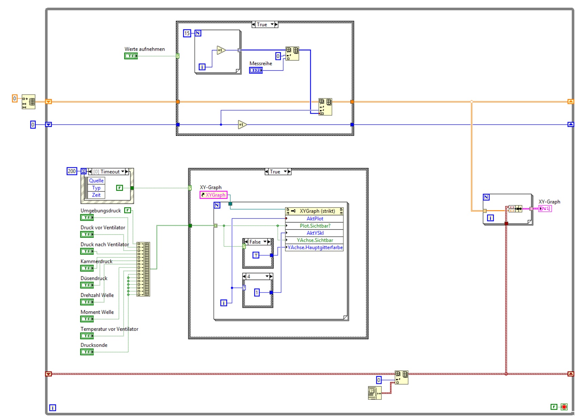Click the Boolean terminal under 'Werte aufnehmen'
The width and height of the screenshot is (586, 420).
click(x=131, y=56)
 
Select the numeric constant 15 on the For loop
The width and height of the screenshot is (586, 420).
click(x=187, y=33)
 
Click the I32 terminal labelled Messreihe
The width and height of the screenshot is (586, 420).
click(x=256, y=70)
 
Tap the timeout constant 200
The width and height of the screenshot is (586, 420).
click(x=72, y=171)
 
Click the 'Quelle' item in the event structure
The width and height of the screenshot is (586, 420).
click(x=96, y=181)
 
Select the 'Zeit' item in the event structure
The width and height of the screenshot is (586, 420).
click(x=96, y=195)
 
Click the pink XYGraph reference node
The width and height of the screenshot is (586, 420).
click(x=213, y=195)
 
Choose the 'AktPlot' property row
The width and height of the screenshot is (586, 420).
click(x=315, y=219)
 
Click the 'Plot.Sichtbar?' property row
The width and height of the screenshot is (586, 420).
click(x=315, y=226)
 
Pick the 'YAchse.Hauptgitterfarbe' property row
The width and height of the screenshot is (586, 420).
click(x=315, y=248)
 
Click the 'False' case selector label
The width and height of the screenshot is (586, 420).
click(x=255, y=242)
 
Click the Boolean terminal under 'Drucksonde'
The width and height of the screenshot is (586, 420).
click(x=87, y=352)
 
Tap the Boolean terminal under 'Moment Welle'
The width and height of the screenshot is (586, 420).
click(x=87, y=319)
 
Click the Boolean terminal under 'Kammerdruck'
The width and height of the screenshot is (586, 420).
click(x=87, y=268)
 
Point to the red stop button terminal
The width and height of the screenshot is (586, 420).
click(x=564, y=407)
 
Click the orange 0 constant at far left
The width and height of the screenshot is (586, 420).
click(x=15, y=98)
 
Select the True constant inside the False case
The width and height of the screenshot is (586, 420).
click(x=256, y=255)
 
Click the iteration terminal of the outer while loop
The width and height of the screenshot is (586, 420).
click(x=53, y=408)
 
